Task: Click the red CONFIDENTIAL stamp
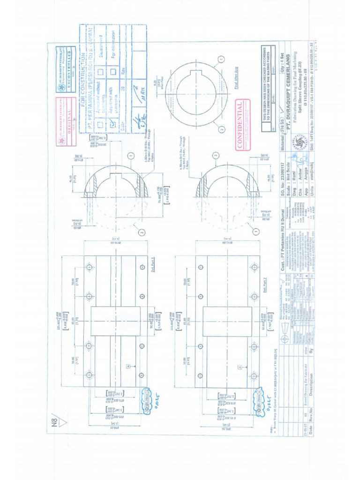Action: pos(243,124)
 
